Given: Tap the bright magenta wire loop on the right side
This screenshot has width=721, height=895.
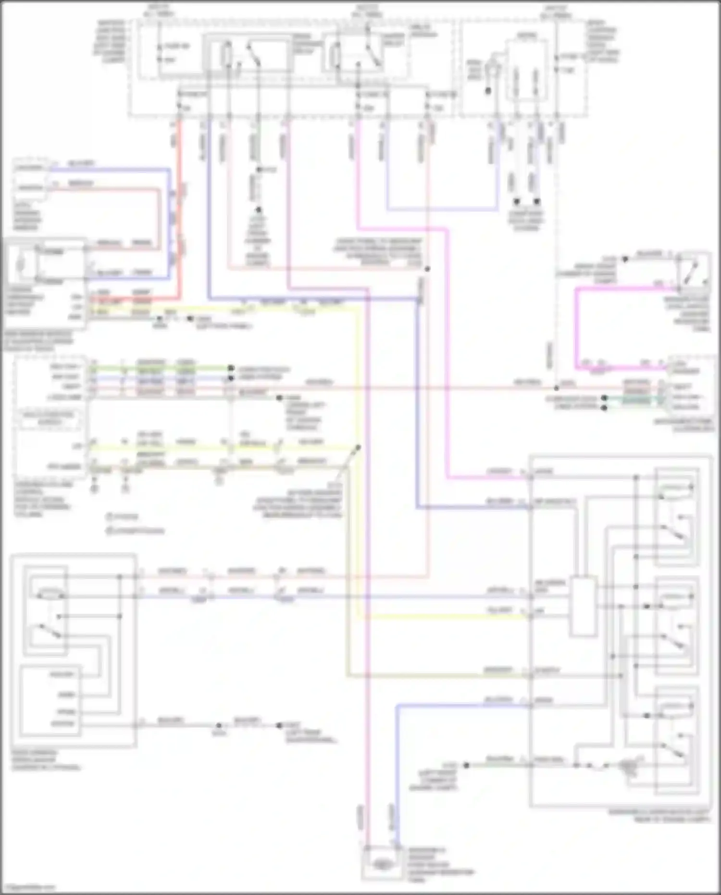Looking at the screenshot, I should click(577, 327).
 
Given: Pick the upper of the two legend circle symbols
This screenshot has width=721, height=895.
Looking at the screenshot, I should click(109, 517).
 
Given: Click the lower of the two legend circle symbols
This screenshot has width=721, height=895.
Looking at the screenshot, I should click(109, 530).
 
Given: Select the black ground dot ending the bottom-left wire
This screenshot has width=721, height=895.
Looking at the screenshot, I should click(280, 726).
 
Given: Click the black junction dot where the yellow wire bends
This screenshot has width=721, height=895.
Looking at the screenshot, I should click(358, 448).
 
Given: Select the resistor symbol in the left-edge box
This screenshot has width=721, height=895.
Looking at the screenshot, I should click(20, 265).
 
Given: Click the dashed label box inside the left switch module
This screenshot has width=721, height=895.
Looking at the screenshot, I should click(50, 418).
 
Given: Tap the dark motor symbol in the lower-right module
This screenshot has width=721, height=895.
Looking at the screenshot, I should click(628, 765).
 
